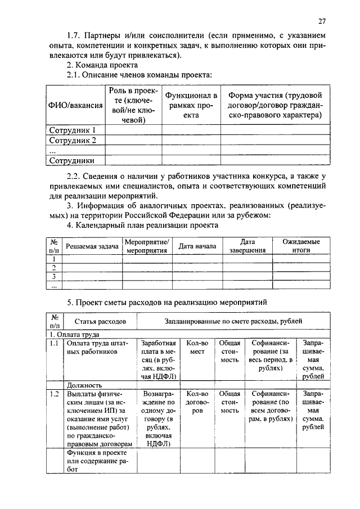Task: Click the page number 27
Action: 321,21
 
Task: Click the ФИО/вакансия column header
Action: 75,105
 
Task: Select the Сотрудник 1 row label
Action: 73,130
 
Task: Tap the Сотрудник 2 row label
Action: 73,140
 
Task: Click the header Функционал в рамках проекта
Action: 191,105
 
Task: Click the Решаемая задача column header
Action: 92,246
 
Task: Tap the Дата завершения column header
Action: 247,246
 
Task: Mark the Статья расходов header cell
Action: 101,322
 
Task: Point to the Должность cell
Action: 84,385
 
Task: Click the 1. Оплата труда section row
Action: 73,334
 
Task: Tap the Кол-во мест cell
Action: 197,347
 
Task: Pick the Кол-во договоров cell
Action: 197,403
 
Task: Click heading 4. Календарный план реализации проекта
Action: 142,225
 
